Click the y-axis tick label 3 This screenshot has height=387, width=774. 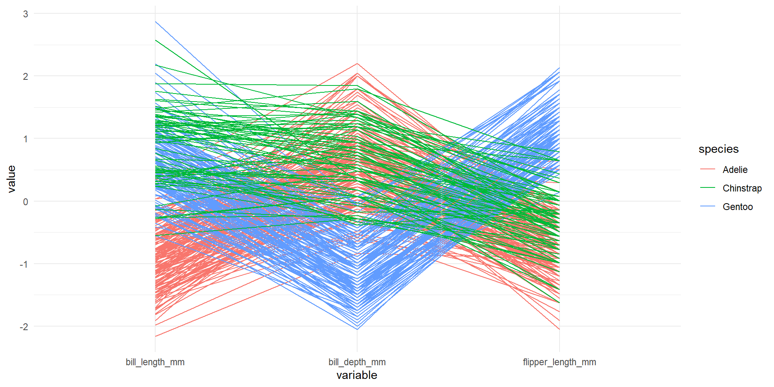click(x=26, y=14)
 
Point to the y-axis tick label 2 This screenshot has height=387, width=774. click(x=26, y=77)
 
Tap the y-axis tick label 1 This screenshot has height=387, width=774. click(x=26, y=139)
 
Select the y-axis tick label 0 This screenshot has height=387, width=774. click(x=26, y=202)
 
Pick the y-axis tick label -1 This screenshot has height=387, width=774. click(x=24, y=264)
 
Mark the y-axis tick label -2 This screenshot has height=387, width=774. click(x=24, y=327)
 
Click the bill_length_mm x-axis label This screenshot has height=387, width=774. click(x=155, y=362)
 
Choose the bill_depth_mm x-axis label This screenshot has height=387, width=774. click(x=357, y=362)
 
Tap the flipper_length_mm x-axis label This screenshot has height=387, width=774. click(x=560, y=362)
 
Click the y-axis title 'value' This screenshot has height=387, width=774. click(x=11, y=179)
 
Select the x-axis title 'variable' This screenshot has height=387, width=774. click(x=357, y=375)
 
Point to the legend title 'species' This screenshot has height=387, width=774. click(x=719, y=149)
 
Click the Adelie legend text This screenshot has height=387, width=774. click(x=735, y=170)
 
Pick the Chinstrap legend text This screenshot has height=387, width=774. click(x=742, y=188)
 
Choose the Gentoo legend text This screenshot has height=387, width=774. click(x=738, y=207)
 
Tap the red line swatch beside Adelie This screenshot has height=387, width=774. click(x=708, y=169)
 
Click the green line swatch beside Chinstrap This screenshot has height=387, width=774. click(x=708, y=188)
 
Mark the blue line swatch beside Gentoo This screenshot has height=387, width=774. click(x=708, y=206)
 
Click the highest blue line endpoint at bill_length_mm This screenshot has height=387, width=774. click(x=156, y=22)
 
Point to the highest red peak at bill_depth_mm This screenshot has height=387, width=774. click(x=357, y=64)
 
